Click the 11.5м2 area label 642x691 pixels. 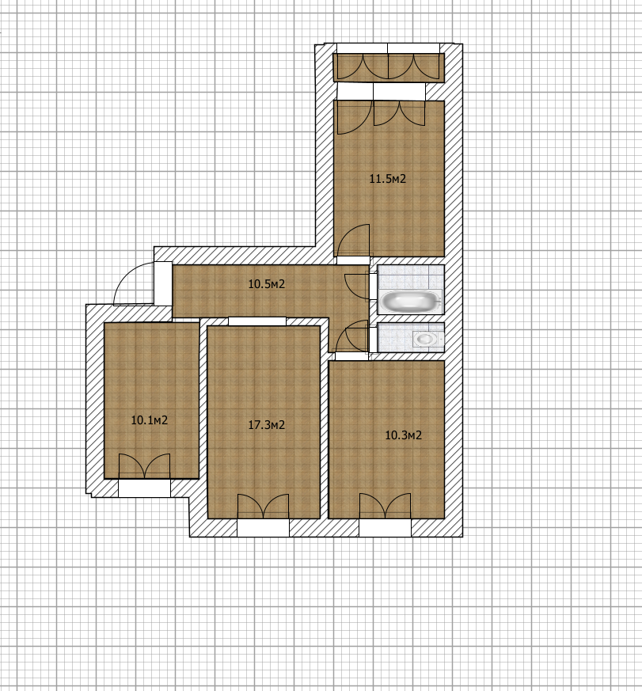click(387, 179)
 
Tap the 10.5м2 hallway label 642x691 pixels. click(266, 284)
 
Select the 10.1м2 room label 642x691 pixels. click(150, 420)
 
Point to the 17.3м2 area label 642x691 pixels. click(266, 425)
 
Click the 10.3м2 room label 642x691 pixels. click(403, 435)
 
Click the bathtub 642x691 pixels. click(411, 302)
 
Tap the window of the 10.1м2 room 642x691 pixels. click(145, 488)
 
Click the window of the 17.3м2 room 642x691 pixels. click(263, 527)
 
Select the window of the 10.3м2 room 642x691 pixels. click(385, 527)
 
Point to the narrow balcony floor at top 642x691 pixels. click(388, 67)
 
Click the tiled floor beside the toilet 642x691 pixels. click(395, 337)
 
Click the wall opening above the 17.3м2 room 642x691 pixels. click(257, 321)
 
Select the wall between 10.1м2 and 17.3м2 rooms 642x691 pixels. click(203, 398)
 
